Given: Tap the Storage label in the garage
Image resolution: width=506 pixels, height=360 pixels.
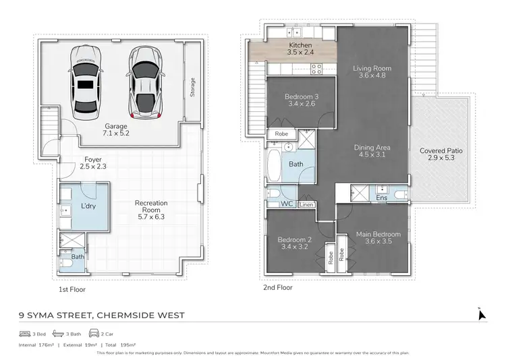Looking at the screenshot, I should [x=192, y=86].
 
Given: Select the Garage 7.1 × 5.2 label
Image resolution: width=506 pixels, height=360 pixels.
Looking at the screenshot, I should [x=116, y=129].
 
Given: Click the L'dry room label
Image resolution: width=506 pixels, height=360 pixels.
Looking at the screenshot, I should [x=87, y=205].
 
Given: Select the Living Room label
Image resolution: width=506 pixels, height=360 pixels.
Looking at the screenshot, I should [x=372, y=72].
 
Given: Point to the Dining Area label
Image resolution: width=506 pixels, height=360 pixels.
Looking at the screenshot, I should [x=372, y=151].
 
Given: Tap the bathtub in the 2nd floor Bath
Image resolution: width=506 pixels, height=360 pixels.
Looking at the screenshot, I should [x=275, y=163].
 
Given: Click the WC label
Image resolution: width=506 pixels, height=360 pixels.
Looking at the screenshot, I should [x=287, y=204].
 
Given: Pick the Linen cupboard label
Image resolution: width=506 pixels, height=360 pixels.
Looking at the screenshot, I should [x=306, y=204].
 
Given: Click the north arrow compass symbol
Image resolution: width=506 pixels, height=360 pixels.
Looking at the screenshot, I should [x=480, y=315].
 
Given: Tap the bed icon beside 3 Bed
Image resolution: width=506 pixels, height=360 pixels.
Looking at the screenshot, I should [x=26, y=334].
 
